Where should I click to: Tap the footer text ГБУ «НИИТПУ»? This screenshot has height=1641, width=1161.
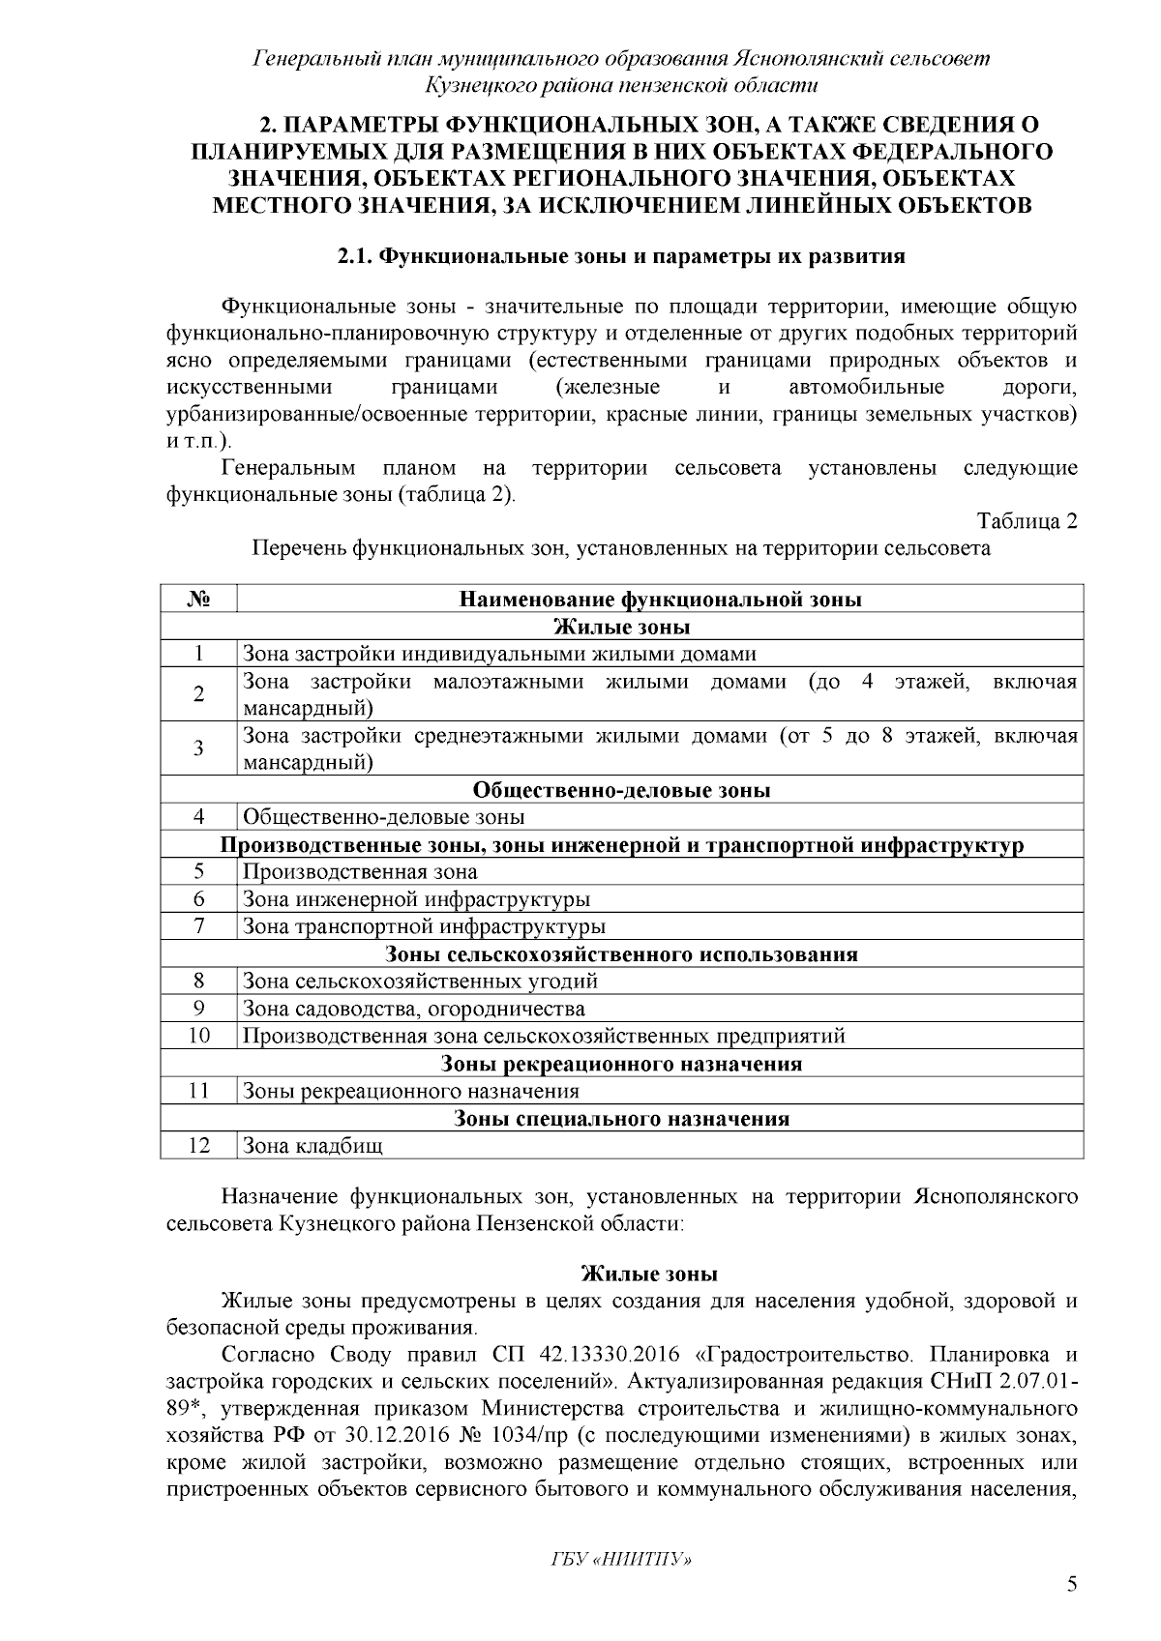point(621,1560)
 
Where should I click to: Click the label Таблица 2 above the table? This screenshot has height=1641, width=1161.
point(1027,522)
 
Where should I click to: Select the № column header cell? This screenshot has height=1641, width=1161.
point(198,600)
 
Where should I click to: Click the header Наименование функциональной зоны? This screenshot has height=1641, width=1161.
point(660,600)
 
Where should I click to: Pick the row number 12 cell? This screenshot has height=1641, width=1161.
point(198,1146)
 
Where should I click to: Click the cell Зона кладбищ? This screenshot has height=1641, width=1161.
point(313,1147)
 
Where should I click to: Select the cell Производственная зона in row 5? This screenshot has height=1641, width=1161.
point(360,872)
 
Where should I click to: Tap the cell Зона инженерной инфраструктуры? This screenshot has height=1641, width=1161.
point(416,899)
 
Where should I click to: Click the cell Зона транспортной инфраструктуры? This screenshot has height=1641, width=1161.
point(424,927)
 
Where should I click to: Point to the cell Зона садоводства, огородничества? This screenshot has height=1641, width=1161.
point(413,1010)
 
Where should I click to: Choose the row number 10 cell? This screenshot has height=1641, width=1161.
point(198,1037)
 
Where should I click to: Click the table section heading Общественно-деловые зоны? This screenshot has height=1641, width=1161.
point(621,790)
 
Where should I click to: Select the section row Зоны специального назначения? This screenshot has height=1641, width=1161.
point(621,1119)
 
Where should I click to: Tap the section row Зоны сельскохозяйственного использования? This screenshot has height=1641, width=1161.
point(621,954)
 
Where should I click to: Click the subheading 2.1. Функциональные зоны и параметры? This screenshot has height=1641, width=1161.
point(621,257)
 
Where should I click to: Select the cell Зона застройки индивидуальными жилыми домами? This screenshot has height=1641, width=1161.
point(498,655)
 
